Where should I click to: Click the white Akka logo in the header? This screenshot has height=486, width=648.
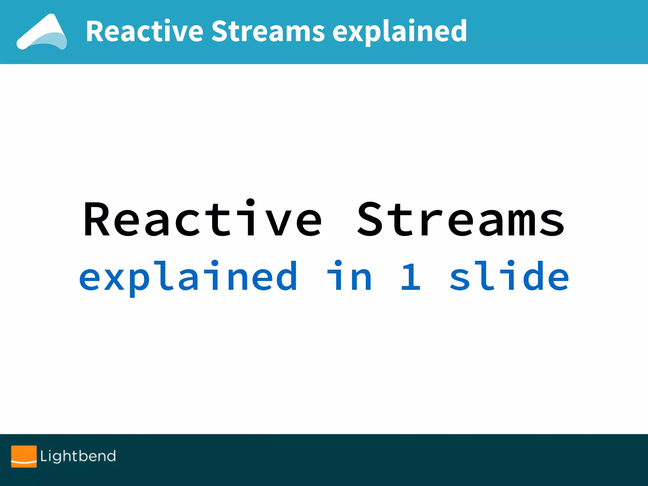coord(42,32)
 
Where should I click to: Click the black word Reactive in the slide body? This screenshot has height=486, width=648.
coord(202,219)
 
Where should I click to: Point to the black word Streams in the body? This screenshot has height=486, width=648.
coord(460,219)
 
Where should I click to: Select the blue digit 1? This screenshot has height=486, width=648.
coord(410,276)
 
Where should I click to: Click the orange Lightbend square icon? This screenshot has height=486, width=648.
coord(24,456)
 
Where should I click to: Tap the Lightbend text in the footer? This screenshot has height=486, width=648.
coord(78,456)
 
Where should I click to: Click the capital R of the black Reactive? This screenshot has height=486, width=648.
coord(97,219)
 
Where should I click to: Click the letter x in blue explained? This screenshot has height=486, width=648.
coord(115,278)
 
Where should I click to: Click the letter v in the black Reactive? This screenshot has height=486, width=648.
coord(272,223)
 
